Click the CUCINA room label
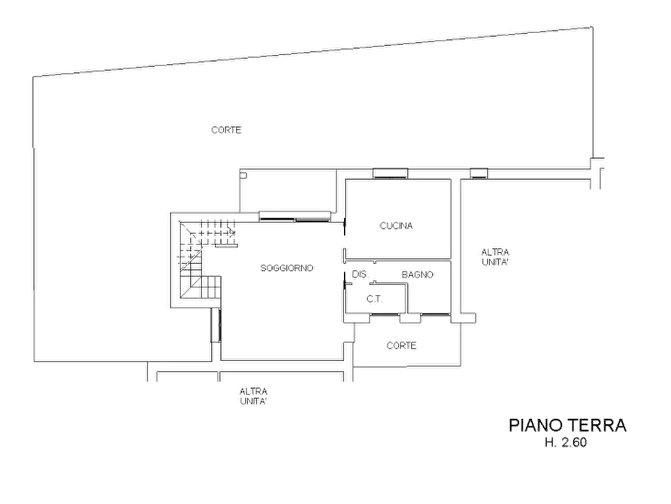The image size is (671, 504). (x=396, y=226)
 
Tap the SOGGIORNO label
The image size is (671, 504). (x=287, y=268)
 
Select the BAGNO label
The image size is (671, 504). (x=417, y=275)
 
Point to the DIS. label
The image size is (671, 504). (x=360, y=274)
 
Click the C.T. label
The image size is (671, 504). (x=374, y=299)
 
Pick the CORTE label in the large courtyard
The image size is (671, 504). (x=226, y=129)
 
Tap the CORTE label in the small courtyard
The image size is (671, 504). (x=401, y=345)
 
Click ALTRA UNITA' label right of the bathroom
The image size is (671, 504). (x=495, y=257)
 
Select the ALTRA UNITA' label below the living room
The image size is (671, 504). (x=253, y=396)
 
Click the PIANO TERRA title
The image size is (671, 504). (x=567, y=425)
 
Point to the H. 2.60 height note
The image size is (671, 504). (x=565, y=442)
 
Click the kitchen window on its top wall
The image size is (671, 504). (x=390, y=173)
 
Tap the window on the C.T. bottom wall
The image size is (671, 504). (x=384, y=315)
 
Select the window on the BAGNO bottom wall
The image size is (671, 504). (x=435, y=315)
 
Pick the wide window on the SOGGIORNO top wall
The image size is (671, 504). (x=295, y=217)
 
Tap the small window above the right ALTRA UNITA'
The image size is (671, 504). (x=479, y=173)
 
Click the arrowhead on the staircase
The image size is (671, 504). (x=232, y=232)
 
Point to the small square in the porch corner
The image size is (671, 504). (x=243, y=175)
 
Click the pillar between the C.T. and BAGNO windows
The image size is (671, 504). (x=410, y=319)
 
